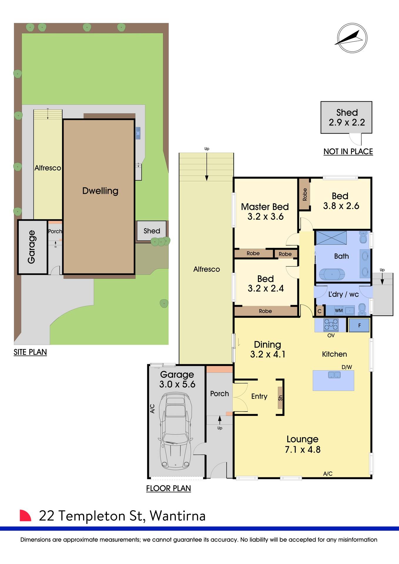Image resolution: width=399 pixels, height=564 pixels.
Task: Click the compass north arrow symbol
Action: click(352, 38)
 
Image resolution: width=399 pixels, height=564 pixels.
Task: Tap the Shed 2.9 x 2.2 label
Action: click(347, 117)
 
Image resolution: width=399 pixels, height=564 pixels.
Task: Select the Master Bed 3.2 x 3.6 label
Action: click(265, 211)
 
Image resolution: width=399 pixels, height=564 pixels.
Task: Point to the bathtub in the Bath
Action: click(332, 274)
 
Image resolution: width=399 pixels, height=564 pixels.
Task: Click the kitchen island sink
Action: click(334, 375)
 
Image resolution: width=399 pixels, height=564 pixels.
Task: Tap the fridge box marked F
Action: click(359, 325)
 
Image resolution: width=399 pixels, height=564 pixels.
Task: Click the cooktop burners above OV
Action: click(331, 325)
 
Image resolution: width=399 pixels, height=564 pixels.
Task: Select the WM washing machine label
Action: click(338, 310)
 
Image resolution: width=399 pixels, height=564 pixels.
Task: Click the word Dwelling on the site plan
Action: click(100, 191)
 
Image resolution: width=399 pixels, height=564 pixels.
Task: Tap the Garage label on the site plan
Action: click(32, 247)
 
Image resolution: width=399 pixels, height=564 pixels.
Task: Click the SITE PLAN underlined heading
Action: click(30, 352)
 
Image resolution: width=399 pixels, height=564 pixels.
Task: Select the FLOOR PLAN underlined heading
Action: click(169, 488)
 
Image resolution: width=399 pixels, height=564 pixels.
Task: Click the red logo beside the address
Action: click(25, 515)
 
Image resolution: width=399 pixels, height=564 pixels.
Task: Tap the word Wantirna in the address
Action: click(177, 516)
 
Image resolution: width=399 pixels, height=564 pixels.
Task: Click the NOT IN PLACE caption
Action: click(348, 152)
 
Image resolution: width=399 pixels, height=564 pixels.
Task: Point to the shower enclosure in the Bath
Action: click(331, 238)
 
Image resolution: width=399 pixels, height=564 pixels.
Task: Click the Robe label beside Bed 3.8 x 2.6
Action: click(305, 194)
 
